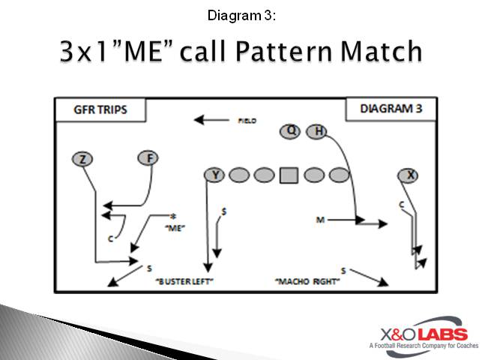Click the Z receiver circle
[84, 158]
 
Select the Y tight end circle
[214, 175]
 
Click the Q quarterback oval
[292, 131]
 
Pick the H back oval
[318, 131]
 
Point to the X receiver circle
[409, 175]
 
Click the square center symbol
[289, 175]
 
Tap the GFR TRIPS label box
[100, 109]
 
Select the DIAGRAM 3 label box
[391, 109]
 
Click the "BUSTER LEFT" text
[185, 281]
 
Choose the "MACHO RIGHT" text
[307, 281]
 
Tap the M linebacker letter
[320, 220]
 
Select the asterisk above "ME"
[173, 216]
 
